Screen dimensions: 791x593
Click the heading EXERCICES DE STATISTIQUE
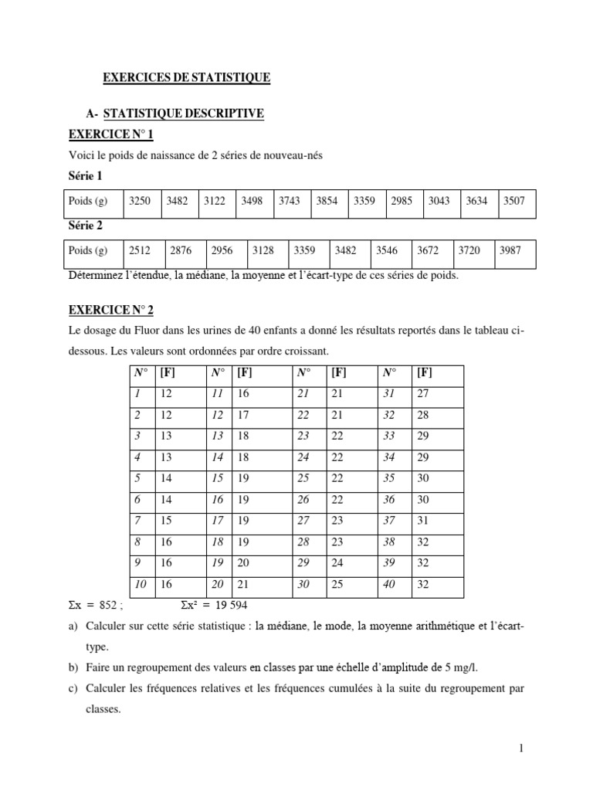coord(187,77)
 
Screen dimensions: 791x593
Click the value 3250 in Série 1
coord(140,202)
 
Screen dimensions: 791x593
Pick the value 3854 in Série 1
coord(327,202)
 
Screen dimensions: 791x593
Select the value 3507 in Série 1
coord(514,202)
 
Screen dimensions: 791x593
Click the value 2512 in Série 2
coord(140,251)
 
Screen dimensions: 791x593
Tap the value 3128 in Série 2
coord(263,251)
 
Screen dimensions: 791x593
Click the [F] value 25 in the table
coord(337,586)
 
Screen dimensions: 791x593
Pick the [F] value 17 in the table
coord(244,415)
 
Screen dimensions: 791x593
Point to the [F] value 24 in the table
coord(337,564)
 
